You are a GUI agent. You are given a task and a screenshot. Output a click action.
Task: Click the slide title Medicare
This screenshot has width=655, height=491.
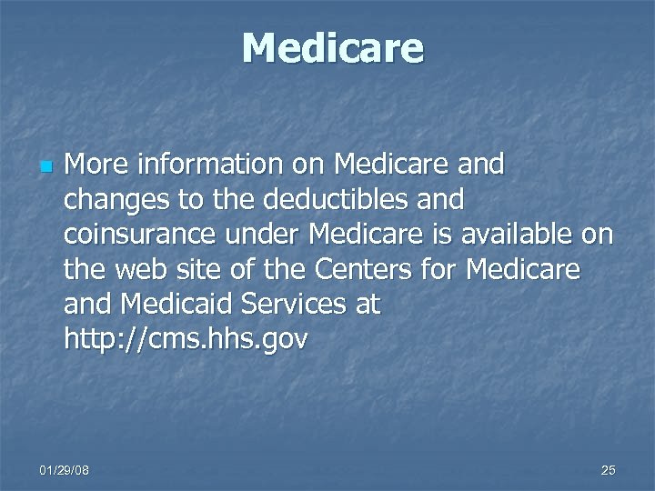[333, 47]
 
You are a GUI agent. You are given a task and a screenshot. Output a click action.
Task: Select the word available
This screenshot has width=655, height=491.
[516, 234]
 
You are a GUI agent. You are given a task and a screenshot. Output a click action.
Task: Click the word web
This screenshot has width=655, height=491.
[138, 269]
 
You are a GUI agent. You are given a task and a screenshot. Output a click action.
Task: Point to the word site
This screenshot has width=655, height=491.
[195, 269]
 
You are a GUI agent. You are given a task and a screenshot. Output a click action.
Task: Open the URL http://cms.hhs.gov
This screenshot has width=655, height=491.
[186, 340]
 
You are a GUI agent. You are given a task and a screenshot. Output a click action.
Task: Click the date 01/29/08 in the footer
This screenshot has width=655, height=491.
[64, 469]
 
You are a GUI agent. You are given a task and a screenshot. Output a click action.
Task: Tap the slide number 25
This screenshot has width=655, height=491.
[608, 469]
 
